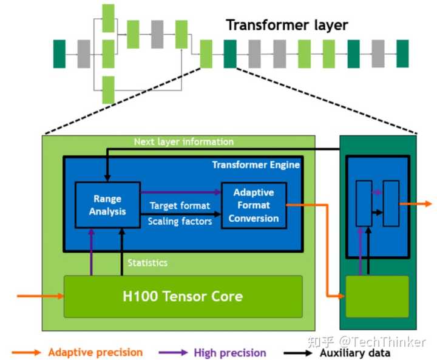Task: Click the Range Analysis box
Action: pos(107,205)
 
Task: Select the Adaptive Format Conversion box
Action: pos(254,205)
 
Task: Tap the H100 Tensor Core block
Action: pos(183,296)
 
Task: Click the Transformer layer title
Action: pos(287,25)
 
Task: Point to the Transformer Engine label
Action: pos(256,165)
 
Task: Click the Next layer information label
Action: pos(183,141)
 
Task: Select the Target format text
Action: pos(180,206)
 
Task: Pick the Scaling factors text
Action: pos(180,221)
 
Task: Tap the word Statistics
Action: pos(147,263)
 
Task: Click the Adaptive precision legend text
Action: pos(95,352)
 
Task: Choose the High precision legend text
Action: pos(230,353)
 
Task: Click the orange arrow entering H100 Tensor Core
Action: pos(40,296)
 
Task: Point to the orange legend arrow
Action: pos(27,352)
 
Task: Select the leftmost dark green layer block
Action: pos(59,53)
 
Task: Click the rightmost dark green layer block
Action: pos(402,53)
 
